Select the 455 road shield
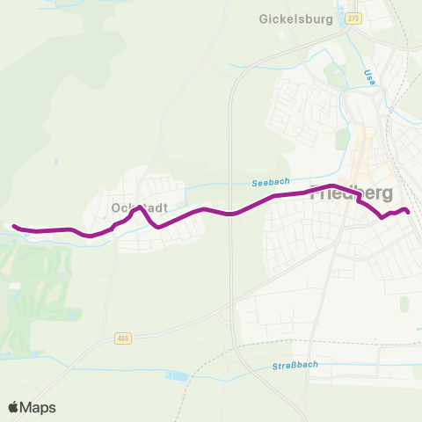pos(122,338)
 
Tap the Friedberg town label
pos(352,193)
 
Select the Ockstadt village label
pos(135,208)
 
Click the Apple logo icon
pos(14,407)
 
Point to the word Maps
pos(39,407)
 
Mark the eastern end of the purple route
pos(408,211)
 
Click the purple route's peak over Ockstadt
pos(137,208)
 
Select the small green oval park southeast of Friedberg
pos(404,303)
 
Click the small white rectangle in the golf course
pos(14,286)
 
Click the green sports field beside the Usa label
pos(333,74)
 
